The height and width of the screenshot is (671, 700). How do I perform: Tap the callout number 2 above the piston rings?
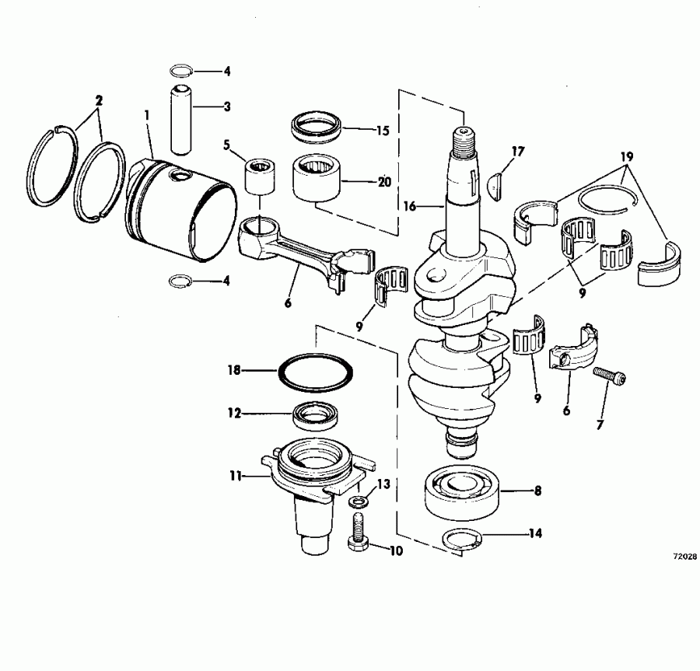(x=98, y=100)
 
